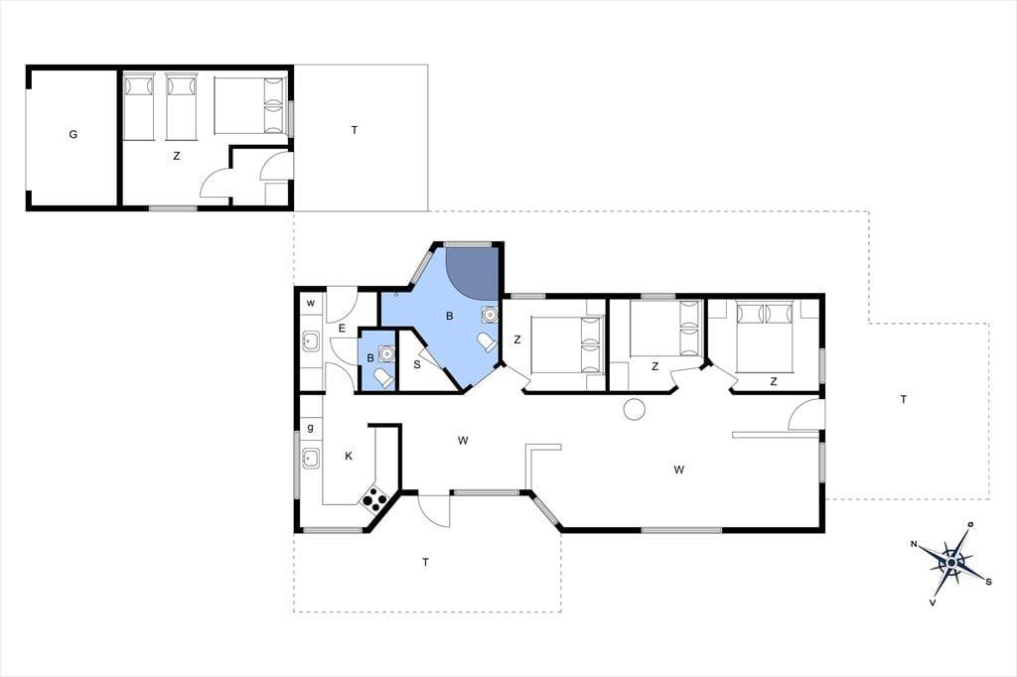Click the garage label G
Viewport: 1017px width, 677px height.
point(73,135)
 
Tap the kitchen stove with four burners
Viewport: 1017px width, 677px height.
point(374,497)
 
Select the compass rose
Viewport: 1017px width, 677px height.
point(951,562)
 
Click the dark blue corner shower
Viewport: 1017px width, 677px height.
point(472,272)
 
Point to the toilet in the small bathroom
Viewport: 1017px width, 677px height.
point(383,377)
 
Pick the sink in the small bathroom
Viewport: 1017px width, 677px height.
point(387,353)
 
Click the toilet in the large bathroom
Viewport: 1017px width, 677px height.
point(487,341)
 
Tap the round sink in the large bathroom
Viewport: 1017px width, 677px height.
point(490,315)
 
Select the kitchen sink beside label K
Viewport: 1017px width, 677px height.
point(311,458)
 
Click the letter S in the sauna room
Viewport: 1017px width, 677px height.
point(417,364)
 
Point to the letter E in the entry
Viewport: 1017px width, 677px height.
point(342,329)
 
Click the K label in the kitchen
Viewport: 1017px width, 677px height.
point(349,456)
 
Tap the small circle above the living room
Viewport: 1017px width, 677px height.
point(633,409)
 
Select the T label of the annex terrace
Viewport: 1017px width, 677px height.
point(355,130)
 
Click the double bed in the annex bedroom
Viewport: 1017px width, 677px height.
point(249,105)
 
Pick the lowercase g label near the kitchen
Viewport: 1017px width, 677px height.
point(311,427)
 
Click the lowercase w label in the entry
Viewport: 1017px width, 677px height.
point(311,303)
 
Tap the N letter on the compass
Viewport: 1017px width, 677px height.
point(914,544)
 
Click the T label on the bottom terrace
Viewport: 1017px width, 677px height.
point(425,562)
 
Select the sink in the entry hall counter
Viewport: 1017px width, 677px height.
point(311,341)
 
